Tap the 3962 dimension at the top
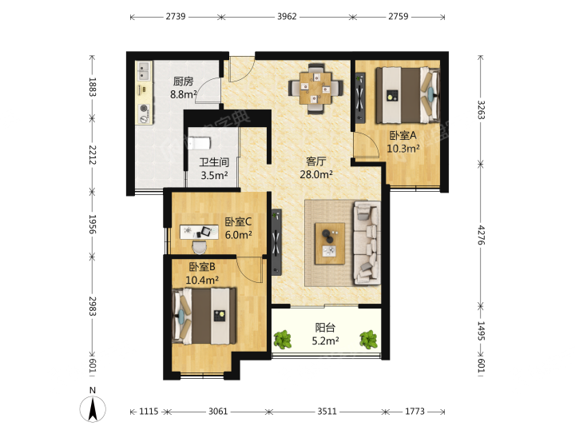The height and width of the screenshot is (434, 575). pyautogui.click(x=287, y=17)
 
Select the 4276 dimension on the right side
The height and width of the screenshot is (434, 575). pyautogui.click(x=481, y=235)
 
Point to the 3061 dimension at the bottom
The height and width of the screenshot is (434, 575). pyautogui.click(x=218, y=412)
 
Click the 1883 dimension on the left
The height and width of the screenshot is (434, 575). pyautogui.click(x=92, y=87)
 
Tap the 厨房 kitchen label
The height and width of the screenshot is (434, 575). pyautogui.click(x=183, y=82)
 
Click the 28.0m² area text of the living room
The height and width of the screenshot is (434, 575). pyautogui.click(x=316, y=174)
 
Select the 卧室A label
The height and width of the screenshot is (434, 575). pyautogui.click(x=402, y=135)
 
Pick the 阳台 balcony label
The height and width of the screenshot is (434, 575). pyautogui.click(x=325, y=327)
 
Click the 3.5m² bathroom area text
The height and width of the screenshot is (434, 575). pyautogui.click(x=214, y=175)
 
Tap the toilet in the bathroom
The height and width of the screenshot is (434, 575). pyautogui.click(x=200, y=143)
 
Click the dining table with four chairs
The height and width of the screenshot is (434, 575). pyautogui.click(x=315, y=88)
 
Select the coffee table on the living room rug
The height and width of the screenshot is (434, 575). pyautogui.click(x=330, y=244)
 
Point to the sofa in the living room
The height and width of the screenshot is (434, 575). pyautogui.click(x=367, y=243)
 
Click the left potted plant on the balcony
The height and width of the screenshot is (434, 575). pyautogui.click(x=283, y=340)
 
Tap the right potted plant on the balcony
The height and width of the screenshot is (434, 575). pyautogui.click(x=368, y=340)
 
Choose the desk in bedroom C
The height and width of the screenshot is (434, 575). pyautogui.click(x=199, y=232)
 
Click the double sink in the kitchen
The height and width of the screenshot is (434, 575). pyautogui.click(x=144, y=71)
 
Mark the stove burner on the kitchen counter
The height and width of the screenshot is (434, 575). pyautogui.click(x=144, y=108)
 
